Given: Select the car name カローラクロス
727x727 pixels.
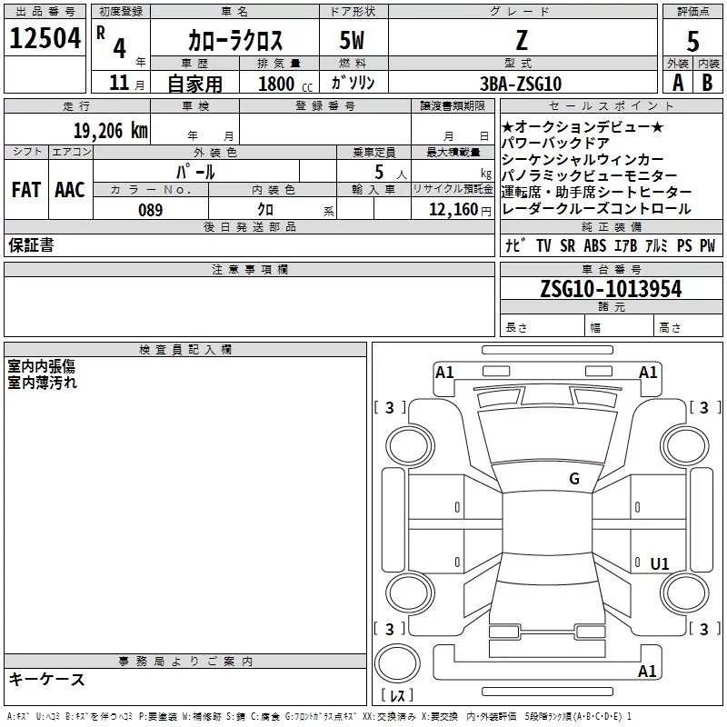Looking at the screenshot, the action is tap(235, 41).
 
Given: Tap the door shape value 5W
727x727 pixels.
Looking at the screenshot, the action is tap(353, 41).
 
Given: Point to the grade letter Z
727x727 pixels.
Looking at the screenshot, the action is tap(521, 40).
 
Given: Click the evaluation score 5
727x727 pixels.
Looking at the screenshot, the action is tap(693, 42).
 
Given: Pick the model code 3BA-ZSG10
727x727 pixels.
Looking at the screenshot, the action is tap(521, 83).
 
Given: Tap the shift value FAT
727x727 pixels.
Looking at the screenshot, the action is tap(25, 189).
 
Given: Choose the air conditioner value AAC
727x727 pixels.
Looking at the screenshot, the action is tap(70, 189).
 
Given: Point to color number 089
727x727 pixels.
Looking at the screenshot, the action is tap(150, 210).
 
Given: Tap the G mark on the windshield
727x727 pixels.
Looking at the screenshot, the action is tap(574, 478).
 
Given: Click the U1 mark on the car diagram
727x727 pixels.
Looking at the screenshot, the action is tap(660, 564).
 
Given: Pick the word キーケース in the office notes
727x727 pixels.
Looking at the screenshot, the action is tap(47, 680).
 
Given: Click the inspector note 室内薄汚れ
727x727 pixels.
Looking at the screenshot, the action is tap(43, 383).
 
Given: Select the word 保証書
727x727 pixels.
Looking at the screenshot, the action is tap(31, 245).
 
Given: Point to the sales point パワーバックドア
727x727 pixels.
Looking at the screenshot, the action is tap(554, 143).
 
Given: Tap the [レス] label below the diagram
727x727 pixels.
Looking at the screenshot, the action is tap(396, 696).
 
